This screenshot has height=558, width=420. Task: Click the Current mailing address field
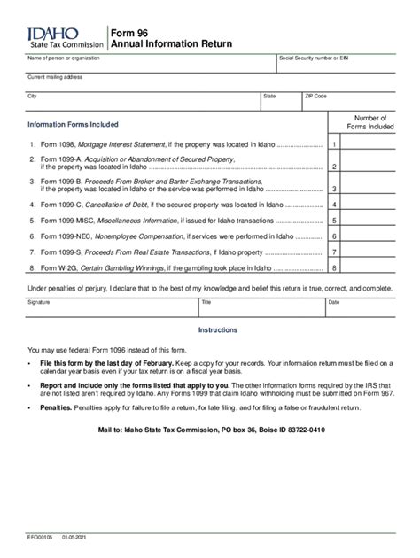pos(209,83)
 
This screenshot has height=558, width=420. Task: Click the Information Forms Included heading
pos(73,125)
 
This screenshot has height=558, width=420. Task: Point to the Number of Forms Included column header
pos(369,122)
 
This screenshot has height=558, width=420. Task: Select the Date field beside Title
pos(359,308)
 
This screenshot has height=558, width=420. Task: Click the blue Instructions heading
pos(217,330)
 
